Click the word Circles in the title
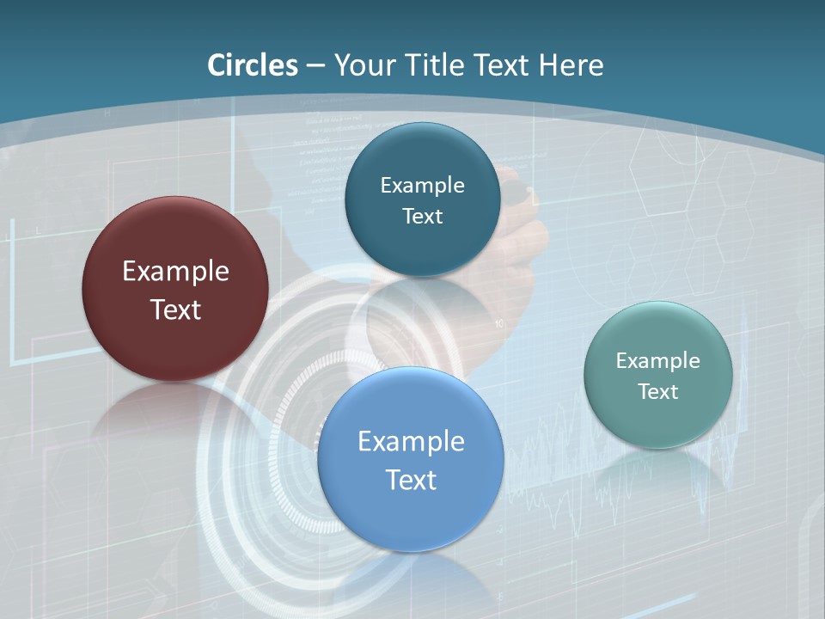pyautogui.click(x=253, y=65)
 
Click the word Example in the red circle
pyautogui.click(x=175, y=272)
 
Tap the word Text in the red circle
pyautogui.click(x=175, y=309)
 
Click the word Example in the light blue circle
pyautogui.click(x=411, y=442)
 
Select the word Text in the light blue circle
pyautogui.click(x=411, y=480)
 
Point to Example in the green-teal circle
pyautogui.click(x=658, y=361)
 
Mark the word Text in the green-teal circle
pyautogui.click(x=658, y=392)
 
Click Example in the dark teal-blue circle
pyautogui.click(x=422, y=186)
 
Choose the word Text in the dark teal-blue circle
pyautogui.click(x=422, y=217)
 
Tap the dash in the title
pyautogui.click(x=315, y=65)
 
